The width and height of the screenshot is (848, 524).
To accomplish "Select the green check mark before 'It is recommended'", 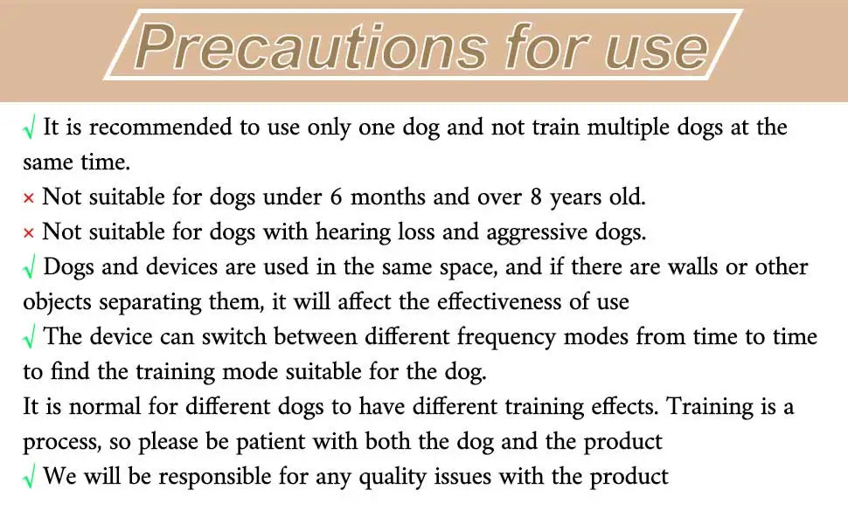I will (30, 129).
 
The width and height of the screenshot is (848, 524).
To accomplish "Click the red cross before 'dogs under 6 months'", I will (29, 198).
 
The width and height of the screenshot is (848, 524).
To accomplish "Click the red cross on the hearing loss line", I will (29, 233).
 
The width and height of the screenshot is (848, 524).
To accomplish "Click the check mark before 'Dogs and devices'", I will (30, 269).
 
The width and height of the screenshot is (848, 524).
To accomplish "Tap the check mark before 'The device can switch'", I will (30, 339).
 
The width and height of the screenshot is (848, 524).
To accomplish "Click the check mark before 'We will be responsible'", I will (30, 479).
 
